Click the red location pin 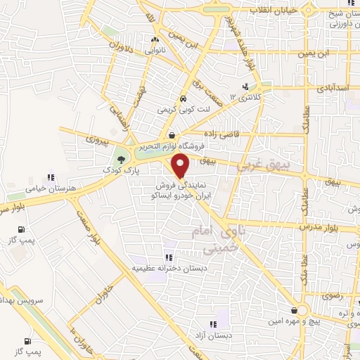(x=181, y=165)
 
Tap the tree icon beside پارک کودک (x=121, y=160)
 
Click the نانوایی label (x=155, y=51)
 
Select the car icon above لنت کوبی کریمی (x=183, y=98)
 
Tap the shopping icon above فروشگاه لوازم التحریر (x=172, y=134)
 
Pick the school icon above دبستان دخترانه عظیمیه (x=167, y=257)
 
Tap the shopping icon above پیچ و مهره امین (x=293, y=310)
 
